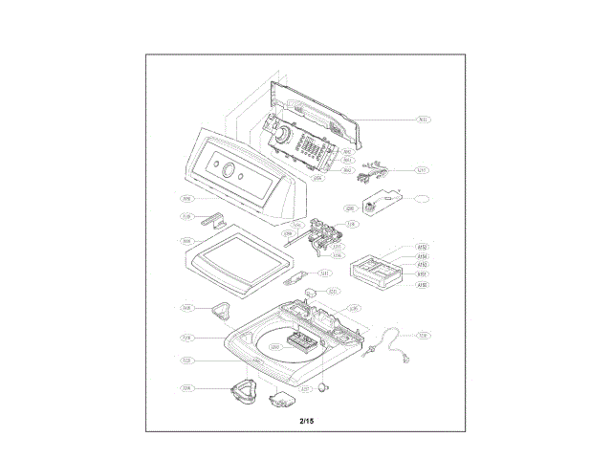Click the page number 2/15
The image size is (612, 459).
(x=306, y=421)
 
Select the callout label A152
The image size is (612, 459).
(x=422, y=248)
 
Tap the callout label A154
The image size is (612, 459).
(x=422, y=256)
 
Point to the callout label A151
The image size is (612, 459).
(x=422, y=274)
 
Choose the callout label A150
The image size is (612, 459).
(x=422, y=284)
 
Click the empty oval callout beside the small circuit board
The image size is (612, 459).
(x=422, y=199)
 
